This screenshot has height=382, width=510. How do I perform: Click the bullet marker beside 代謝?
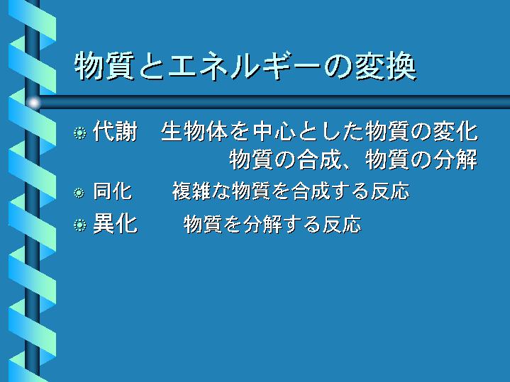pos(79,133)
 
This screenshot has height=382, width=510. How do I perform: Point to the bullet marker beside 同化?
pos(79,193)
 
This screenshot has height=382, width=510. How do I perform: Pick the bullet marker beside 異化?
pos(79,225)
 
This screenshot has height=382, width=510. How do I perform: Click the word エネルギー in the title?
pos(244,66)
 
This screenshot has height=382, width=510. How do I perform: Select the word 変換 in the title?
pos(385,66)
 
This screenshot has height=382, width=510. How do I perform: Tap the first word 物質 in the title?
pos(104,66)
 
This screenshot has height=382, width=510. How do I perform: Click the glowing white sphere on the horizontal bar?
pos(33,103)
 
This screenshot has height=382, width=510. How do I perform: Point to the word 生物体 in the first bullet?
pos(194,131)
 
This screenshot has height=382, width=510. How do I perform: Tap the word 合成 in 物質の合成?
pos(319,159)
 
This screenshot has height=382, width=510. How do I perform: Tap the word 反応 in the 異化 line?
pos(342,225)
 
